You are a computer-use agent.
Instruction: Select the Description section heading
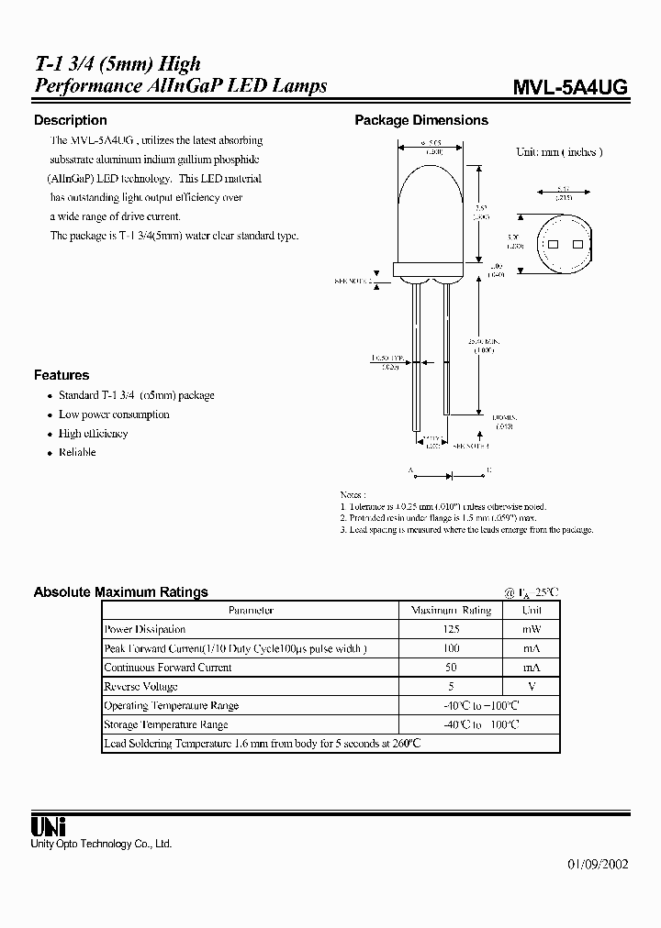pyautogui.click(x=70, y=120)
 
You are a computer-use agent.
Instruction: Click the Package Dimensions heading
pyautogui.click(x=421, y=120)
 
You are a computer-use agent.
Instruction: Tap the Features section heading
pyautogui.click(x=62, y=375)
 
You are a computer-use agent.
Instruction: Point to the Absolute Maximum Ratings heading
pyautogui.click(x=120, y=592)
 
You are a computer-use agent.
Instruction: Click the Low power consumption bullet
pyautogui.click(x=114, y=414)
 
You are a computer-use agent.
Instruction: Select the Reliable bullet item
pyautogui.click(x=77, y=453)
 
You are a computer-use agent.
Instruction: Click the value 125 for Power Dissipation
pyautogui.click(x=450, y=630)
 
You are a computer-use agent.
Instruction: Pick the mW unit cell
pyautogui.click(x=532, y=630)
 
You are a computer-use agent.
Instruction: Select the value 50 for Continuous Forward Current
pyautogui.click(x=450, y=668)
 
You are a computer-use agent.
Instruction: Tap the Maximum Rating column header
pyautogui.click(x=451, y=611)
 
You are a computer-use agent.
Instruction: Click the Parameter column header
pyautogui.click(x=251, y=611)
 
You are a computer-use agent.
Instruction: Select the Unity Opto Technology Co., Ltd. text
pyautogui.click(x=102, y=844)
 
